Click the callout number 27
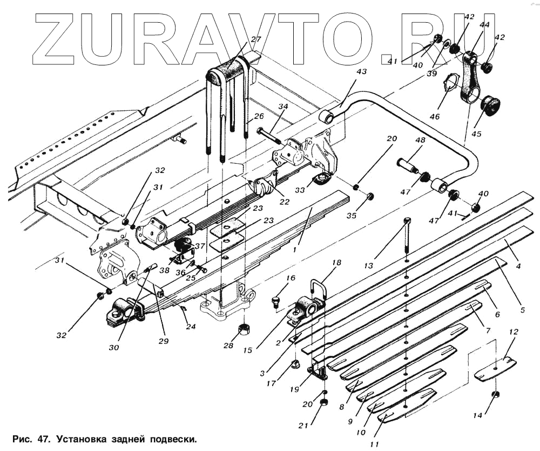point(255,39)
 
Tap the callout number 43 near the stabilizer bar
point(361,72)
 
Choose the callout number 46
point(435,116)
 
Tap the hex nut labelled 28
point(244,328)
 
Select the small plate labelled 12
point(495,370)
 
